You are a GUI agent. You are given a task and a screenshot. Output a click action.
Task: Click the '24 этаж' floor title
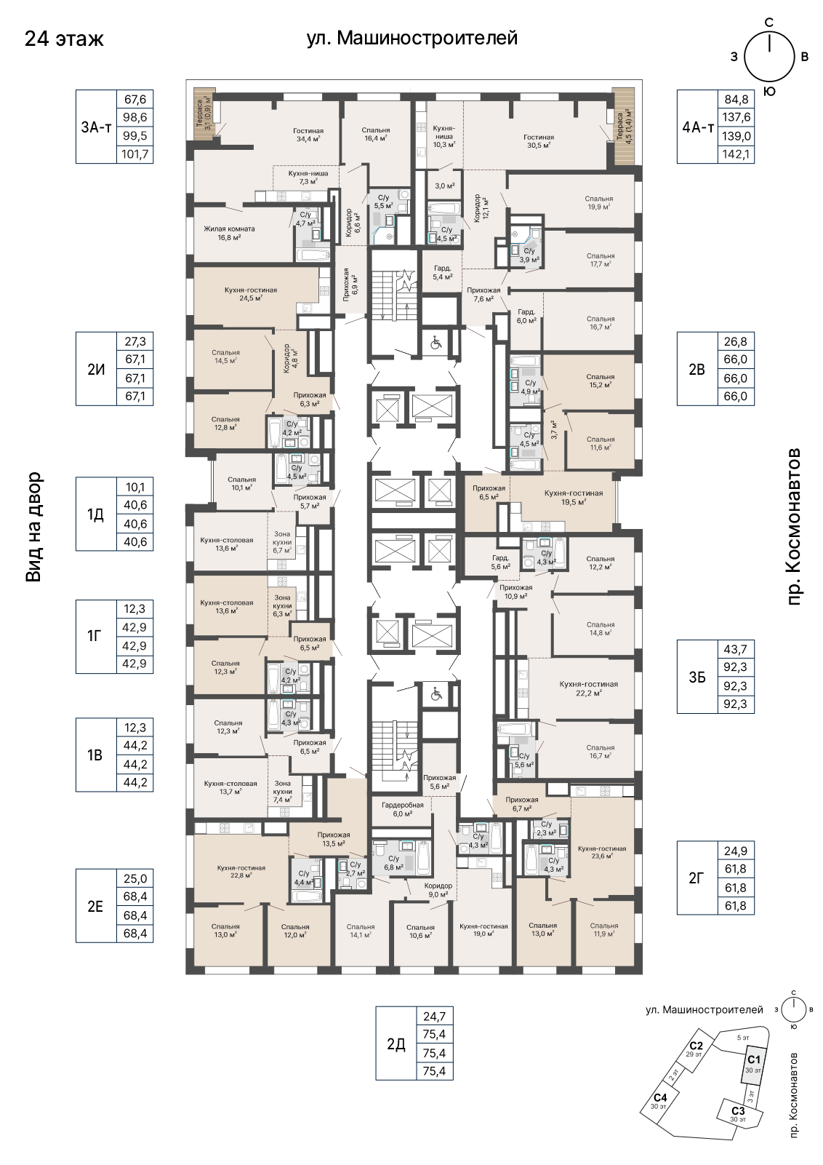(x=64, y=39)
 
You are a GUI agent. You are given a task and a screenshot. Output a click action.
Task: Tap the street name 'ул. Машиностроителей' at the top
(x=411, y=38)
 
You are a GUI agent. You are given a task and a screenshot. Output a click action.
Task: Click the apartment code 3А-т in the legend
(x=96, y=127)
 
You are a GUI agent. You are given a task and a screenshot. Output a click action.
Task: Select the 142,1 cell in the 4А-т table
(x=735, y=154)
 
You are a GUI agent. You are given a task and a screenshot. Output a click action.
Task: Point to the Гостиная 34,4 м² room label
(x=308, y=135)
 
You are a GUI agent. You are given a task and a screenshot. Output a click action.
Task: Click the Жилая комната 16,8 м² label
(x=229, y=232)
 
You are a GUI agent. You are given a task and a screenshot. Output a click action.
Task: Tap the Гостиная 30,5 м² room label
(x=539, y=141)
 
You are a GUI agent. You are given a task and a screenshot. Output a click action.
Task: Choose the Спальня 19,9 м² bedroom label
(x=598, y=202)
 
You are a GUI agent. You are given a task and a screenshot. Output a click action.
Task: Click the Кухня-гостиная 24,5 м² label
(x=251, y=294)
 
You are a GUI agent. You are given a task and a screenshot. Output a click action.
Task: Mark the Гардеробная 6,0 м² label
(x=402, y=808)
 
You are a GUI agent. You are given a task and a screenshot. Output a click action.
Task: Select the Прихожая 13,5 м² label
(x=334, y=839)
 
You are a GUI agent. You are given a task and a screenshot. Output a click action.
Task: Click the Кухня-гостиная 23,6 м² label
(x=602, y=851)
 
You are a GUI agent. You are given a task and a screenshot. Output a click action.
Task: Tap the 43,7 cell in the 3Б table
(x=735, y=649)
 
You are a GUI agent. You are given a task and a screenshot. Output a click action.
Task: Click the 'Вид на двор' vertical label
(x=33, y=526)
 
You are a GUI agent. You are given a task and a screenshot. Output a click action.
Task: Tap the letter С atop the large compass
(x=769, y=22)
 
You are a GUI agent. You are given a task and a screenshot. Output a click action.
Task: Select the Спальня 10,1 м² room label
(x=241, y=483)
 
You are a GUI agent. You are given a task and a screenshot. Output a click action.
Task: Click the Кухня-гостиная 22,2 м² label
(x=589, y=688)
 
